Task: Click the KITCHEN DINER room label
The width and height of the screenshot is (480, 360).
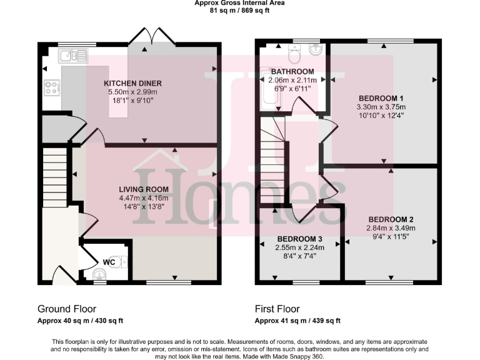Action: (132, 83)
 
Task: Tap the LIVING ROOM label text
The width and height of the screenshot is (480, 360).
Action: (144, 189)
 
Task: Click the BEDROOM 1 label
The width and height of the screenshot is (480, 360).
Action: (381, 98)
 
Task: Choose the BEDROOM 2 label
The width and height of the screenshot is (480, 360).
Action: (391, 219)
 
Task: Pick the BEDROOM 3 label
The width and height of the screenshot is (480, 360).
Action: (300, 239)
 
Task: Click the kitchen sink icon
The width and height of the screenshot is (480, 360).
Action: (72, 56)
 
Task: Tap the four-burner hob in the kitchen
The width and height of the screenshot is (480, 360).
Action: (51, 87)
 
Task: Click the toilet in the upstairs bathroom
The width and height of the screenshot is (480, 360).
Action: (295, 51)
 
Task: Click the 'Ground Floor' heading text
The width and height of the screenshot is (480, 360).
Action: (66, 309)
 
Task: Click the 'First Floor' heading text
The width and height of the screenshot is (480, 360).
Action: (277, 309)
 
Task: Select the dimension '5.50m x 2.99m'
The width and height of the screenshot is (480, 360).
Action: (132, 92)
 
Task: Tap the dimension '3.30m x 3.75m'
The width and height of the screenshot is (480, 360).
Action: (381, 107)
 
